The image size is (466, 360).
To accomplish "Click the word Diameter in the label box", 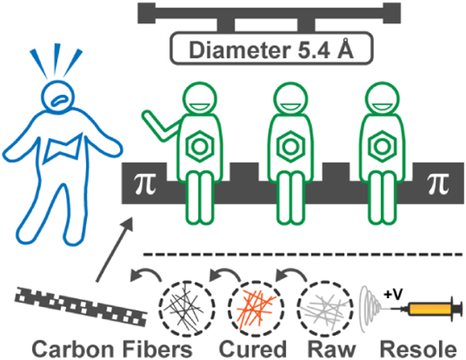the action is click(x=240, y=49).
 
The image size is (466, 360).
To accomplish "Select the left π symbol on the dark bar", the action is click(x=145, y=183).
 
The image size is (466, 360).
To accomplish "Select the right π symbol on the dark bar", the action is click(x=438, y=183).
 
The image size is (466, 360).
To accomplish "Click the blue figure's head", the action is click(x=57, y=96).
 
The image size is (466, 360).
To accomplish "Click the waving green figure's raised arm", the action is click(x=161, y=126).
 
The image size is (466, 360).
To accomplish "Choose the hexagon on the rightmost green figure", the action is click(x=382, y=146).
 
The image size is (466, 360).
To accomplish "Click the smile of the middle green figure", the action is click(x=290, y=107).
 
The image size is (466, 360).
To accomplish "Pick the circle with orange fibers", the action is click(x=256, y=309).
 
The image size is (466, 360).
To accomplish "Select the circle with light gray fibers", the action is click(x=325, y=309).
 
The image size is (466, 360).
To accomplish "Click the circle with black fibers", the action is click(x=186, y=309).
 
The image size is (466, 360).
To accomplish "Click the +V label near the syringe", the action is click(x=393, y=295).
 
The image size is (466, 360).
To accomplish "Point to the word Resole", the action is click(x=419, y=349).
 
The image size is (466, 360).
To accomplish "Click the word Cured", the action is click(x=253, y=349).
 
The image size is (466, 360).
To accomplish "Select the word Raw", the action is click(x=332, y=349).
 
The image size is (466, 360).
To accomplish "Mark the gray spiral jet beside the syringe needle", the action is click(x=370, y=309).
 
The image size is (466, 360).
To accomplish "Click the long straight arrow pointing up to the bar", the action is click(x=115, y=249).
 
